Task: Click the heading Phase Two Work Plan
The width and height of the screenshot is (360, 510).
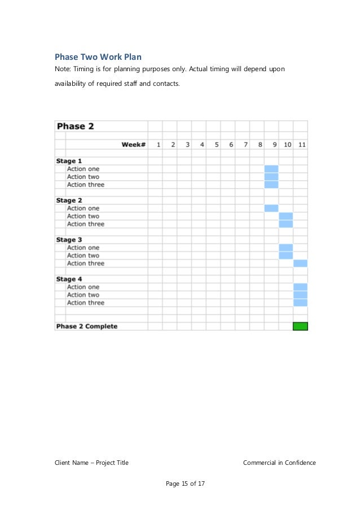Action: [98, 57]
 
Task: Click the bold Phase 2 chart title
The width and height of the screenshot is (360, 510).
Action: [75, 127]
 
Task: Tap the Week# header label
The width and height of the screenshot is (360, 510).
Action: [134, 145]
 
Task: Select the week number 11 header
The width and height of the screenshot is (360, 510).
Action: [302, 145]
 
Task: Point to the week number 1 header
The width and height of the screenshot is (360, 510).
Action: [159, 145]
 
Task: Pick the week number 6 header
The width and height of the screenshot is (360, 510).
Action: [231, 145]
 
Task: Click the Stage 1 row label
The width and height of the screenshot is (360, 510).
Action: [69, 161]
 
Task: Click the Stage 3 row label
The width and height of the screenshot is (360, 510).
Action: [69, 240]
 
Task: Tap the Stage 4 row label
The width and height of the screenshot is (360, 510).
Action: [69, 279]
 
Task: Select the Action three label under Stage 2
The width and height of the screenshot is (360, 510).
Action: [85, 224]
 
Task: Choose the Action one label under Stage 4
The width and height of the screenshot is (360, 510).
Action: [83, 287]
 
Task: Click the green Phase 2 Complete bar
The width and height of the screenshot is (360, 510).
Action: [300, 326]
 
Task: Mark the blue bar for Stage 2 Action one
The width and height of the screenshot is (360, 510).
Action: [271, 208]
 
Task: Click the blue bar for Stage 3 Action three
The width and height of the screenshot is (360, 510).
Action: [300, 263]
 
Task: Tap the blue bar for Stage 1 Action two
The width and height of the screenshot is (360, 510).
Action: [271, 177]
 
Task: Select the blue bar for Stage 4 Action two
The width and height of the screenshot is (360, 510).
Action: [300, 295]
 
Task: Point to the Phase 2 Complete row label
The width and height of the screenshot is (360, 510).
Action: [86, 326]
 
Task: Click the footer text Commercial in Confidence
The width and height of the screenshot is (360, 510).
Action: [279, 463]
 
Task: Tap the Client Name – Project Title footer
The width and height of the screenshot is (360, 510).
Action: [91, 463]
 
